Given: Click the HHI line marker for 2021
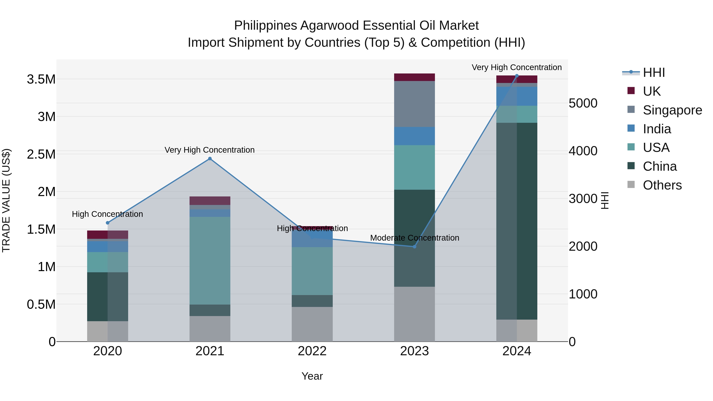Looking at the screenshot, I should coord(210,159).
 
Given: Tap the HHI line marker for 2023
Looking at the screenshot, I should coord(414,247).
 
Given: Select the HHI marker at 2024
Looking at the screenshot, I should coord(517,76).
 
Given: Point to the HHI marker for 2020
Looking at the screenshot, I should coord(108,223).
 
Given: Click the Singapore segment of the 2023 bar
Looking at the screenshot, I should coord(414,104).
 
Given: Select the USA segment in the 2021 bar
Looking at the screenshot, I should coord(210,260).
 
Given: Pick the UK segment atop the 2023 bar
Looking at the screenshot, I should coord(414,77).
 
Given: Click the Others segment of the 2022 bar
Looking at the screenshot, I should coord(312,324).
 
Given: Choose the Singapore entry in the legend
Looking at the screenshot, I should coord(672,110).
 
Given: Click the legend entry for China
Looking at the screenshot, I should coord(660,166).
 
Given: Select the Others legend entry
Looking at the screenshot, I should coord(662,185).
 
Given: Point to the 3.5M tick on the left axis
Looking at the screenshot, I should coord(41,79).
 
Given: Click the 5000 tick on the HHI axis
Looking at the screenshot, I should coord(583,103).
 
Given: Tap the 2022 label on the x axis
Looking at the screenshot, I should coord(312,351).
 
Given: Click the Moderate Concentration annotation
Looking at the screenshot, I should coord(414,238).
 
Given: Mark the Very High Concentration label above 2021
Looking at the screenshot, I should coord(210,150).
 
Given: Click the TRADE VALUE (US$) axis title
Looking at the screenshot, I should coord(6,200).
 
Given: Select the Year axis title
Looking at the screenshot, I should coord(312,376).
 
